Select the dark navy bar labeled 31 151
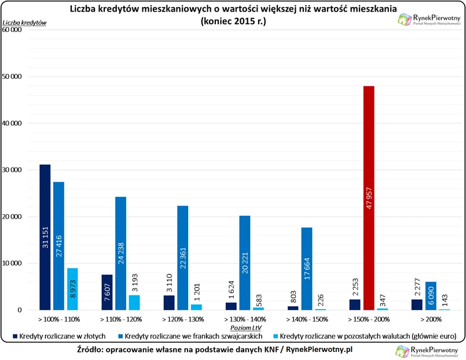pos(45,237)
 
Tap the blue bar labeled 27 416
pos(58,246)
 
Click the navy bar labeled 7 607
pos(107,292)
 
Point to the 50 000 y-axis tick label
pos(13,77)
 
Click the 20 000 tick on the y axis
pos(13,217)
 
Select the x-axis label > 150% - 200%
pos(369,319)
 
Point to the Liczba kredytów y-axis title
pos(25,23)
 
